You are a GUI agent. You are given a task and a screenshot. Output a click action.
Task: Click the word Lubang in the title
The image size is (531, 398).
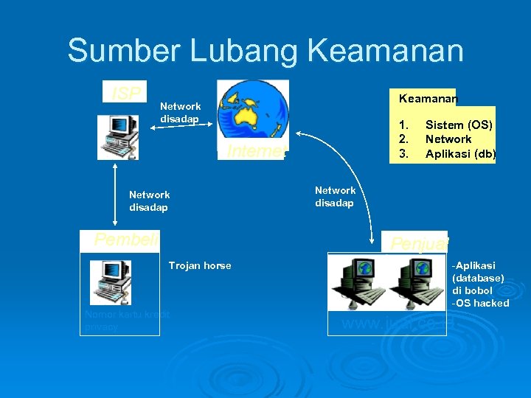point(238,51)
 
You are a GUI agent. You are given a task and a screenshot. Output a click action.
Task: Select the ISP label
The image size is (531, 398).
point(125,93)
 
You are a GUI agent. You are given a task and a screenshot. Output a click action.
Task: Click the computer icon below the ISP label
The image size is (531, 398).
point(118,137)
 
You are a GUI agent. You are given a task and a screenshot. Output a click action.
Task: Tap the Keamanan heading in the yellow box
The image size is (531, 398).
point(428,98)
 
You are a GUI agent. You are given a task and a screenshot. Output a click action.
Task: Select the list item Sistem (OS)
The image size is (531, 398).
point(459,125)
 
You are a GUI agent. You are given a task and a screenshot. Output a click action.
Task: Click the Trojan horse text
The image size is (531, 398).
point(200,265)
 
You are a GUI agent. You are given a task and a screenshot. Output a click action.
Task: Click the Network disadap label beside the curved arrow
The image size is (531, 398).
point(335,197)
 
